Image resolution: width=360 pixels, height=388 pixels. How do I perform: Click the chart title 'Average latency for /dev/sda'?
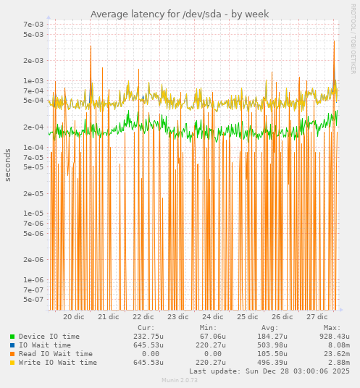[x=179, y=14]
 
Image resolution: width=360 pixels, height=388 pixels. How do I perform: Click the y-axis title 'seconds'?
[x=8, y=165]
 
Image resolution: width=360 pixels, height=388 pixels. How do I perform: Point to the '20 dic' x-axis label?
[x=74, y=317]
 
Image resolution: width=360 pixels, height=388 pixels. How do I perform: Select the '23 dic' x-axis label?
[x=178, y=317]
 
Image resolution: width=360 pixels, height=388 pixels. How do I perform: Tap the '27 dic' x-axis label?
[x=317, y=317]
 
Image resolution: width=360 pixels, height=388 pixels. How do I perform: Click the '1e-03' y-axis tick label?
[x=34, y=81]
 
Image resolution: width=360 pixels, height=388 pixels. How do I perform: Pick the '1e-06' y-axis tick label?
[x=34, y=279]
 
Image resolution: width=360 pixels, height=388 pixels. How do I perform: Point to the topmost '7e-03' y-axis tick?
[x=34, y=25]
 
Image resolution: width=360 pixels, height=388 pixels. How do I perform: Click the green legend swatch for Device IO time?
[x=12, y=337]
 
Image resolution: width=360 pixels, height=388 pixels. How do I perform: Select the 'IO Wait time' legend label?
[x=45, y=345]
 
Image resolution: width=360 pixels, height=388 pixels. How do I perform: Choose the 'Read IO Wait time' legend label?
[x=56, y=354]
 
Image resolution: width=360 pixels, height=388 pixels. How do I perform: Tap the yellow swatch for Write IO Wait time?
[x=12, y=363]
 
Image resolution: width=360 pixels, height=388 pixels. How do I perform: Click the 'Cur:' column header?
[x=146, y=328]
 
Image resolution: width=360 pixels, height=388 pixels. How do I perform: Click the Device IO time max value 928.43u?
[x=335, y=337]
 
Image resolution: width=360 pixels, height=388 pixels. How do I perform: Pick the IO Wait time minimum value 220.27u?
[x=211, y=345]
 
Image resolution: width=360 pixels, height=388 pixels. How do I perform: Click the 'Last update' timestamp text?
[x=269, y=371]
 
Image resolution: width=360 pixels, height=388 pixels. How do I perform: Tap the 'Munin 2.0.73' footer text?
[x=179, y=380]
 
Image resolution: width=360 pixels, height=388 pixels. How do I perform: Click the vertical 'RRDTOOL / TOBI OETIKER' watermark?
[x=353, y=39]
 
